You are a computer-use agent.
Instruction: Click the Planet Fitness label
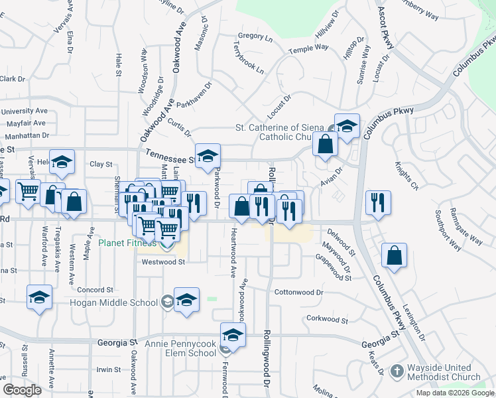127,243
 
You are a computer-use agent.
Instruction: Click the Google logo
22,390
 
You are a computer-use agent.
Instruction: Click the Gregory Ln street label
255,37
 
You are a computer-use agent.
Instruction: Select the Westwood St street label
163,262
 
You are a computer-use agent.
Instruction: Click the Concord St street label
96,290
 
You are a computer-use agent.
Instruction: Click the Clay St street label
101,164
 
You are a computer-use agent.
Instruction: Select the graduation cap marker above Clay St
62,161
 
